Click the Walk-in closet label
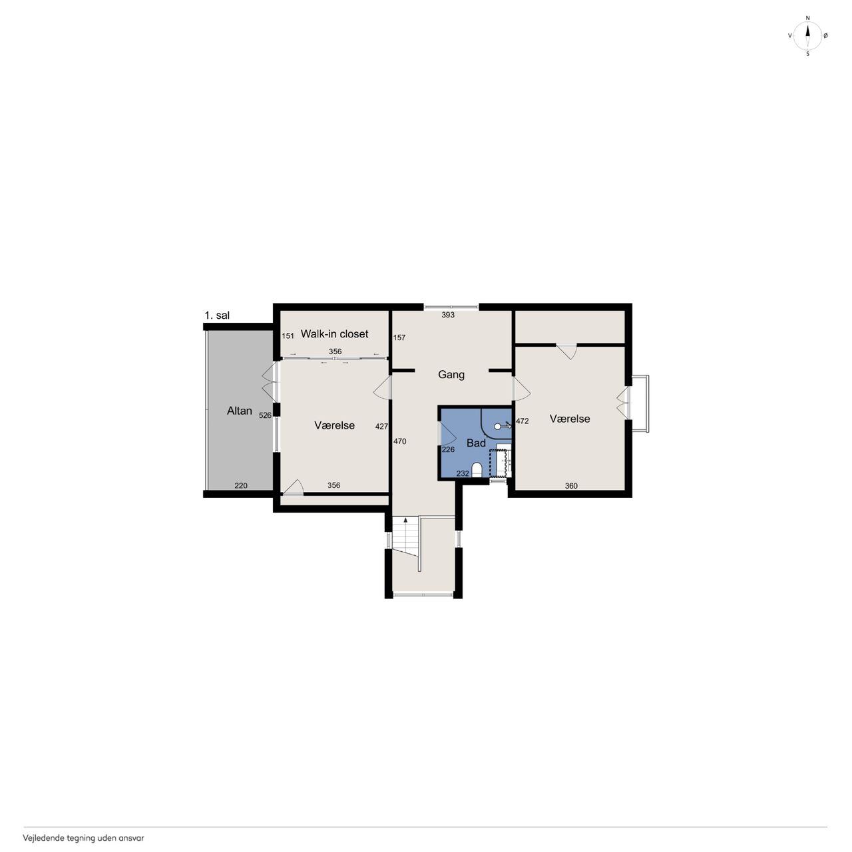(334, 334)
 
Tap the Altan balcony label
(239, 411)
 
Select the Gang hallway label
(451, 375)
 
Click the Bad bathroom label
(476, 443)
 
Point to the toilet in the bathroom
(476, 470)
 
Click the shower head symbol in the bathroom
(503, 426)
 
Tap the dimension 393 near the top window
(448, 316)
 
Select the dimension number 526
(265, 415)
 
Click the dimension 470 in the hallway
(399, 441)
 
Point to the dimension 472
(522, 421)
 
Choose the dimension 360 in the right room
(571, 486)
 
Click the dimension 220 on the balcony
(241, 485)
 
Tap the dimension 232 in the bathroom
(463, 473)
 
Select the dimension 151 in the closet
(288, 336)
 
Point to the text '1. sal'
(216, 316)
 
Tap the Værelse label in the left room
(334, 425)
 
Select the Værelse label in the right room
(570, 419)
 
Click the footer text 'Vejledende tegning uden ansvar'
(84, 838)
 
